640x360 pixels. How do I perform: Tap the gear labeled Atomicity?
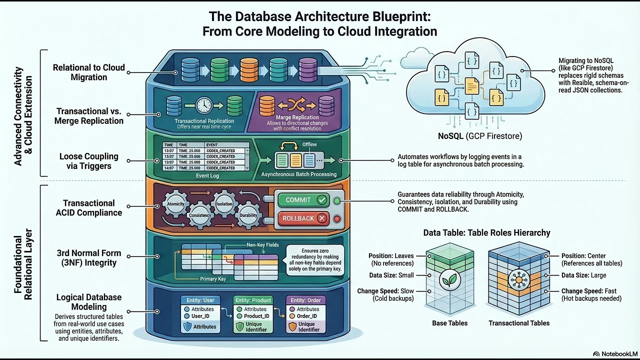(x=175, y=203)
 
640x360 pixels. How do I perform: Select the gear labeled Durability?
(x=248, y=215)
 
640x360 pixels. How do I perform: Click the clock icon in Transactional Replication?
(x=204, y=105)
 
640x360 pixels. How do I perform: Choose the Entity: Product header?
(x=254, y=300)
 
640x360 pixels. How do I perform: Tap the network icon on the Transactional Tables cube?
(x=518, y=280)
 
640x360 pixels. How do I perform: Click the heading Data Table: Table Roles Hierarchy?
(x=486, y=232)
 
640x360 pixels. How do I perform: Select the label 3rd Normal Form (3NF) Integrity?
(x=88, y=258)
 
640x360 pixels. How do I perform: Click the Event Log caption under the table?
(x=206, y=175)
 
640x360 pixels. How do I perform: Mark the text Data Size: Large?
(x=583, y=275)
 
